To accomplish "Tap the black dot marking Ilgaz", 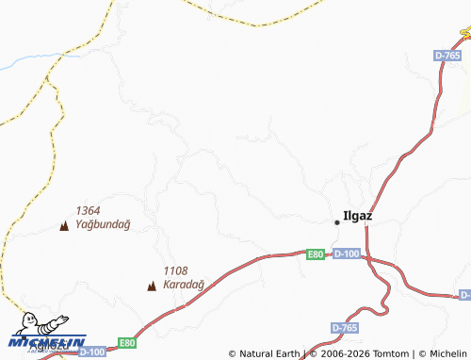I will [x=337, y=221].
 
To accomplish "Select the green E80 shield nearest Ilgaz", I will [x=316, y=254].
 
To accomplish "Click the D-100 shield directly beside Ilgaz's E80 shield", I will [x=347, y=254].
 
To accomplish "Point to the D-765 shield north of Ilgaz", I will [x=447, y=57].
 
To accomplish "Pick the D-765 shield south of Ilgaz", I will [x=345, y=327].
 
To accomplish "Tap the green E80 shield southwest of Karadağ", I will [x=127, y=342].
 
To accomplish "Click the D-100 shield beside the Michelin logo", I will [x=91, y=352].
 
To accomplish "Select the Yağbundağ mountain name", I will [x=103, y=224].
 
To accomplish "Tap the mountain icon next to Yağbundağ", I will [x=64, y=225].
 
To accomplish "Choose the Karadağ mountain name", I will [x=183, y=284].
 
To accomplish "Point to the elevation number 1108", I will [x=175, y=270].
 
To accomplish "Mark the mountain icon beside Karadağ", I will [x=151, y=285].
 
